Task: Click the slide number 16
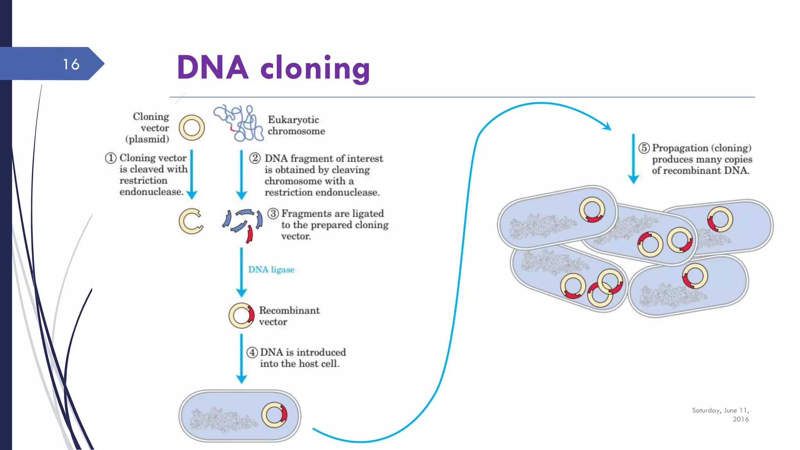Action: tap(71, 64)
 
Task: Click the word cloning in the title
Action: tap(315, 68)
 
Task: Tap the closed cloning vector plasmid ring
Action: tap(191, 128)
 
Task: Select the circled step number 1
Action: tap(111, 158)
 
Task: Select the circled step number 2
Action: tap(255, 158)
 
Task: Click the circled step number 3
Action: tap(273, 213)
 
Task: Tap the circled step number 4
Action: tap(252, 352)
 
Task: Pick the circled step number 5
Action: tap(644, 148)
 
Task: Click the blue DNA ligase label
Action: tap(271, 270)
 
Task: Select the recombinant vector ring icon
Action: tap(241, 315)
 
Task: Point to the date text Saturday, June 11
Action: tap(720, 411)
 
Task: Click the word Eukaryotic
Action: tap(293, 120)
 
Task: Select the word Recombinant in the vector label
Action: tap(289, 311)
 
